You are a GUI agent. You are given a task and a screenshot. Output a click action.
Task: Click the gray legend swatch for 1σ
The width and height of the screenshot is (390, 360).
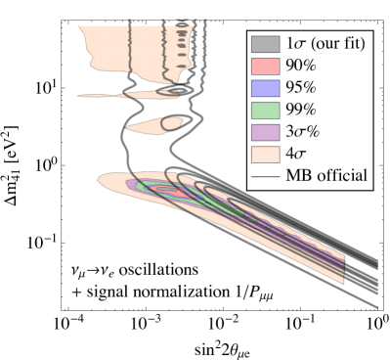tap(265, 44)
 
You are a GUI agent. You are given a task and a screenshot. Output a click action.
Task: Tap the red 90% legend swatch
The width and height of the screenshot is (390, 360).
tap(265, 66)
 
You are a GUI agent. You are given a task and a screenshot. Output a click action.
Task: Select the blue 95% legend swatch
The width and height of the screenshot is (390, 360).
tap(265, 88)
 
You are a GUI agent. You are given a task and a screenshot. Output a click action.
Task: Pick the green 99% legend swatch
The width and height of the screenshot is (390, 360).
tap(265, 110)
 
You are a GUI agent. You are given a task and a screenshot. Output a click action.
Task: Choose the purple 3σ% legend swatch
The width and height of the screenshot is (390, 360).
tap(265, 132)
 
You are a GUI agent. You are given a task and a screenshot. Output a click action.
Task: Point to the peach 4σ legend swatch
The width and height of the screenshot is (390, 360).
tap(265, 154)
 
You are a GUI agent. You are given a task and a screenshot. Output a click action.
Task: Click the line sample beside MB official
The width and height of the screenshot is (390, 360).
tap(265, 176)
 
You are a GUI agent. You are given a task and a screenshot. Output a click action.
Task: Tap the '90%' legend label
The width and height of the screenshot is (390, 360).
tap(301, 66)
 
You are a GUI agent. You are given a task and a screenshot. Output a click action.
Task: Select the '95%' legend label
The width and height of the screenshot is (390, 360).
tap(301, 88)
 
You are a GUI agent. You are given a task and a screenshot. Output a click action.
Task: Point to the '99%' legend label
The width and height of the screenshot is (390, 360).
tap(301, 110)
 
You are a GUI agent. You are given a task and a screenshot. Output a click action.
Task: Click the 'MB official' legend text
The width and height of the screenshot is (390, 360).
tap(325, 176)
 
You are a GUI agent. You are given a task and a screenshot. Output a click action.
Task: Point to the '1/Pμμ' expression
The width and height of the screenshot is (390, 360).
tap(252, 291)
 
